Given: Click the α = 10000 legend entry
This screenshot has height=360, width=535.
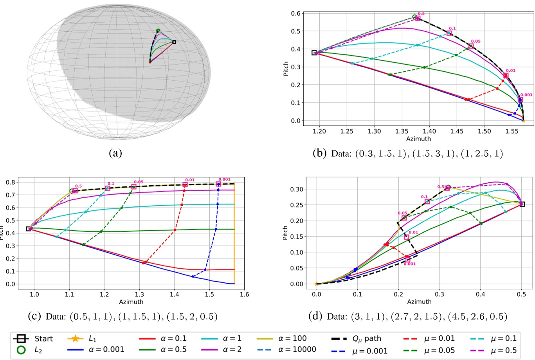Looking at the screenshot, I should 286,349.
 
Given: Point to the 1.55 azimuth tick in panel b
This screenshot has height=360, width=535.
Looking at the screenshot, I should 512,131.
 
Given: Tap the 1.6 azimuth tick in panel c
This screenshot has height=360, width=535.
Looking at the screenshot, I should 244,295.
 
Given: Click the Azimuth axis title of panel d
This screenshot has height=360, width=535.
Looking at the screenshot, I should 419,302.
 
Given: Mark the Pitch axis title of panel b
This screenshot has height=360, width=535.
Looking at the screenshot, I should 286,69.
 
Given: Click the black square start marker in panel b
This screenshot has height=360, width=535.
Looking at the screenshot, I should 314,52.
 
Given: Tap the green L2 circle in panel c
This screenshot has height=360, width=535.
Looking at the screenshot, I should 72,191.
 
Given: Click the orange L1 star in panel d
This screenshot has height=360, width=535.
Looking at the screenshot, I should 316,284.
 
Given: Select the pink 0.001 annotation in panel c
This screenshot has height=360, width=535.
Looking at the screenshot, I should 224,179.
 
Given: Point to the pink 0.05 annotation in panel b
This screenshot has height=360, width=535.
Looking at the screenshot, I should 476,41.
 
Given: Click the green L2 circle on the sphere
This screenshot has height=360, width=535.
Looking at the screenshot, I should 158,31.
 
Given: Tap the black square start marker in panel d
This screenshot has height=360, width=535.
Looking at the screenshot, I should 522,204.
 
